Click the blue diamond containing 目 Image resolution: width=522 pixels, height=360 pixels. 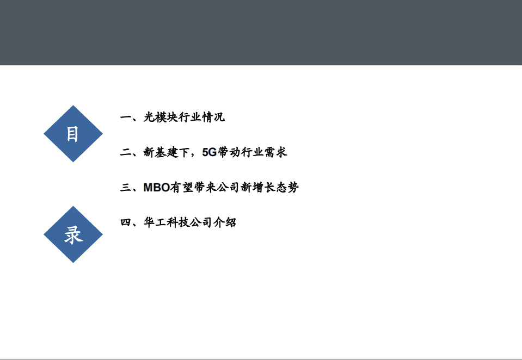tap(73, 134)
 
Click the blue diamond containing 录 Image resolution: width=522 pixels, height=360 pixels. tap(73, 234)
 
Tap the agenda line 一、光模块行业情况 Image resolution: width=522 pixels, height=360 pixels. tap(172, 117)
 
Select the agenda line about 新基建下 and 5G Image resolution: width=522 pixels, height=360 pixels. tap(203, 152)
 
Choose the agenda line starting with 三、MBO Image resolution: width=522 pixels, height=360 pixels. tap(209, 188)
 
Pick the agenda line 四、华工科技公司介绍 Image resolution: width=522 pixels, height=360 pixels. tap(178, 222)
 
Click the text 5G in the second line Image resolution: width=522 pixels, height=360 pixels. tap(209, 152)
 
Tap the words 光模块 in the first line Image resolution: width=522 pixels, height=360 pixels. tap(161, 117)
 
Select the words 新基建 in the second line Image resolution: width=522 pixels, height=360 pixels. tap(161, 152)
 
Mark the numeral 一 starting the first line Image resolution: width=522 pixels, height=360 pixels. tap(125, 117)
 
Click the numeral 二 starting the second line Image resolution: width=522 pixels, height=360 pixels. tap(125, 152)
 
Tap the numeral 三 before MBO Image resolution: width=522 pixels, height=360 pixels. tap(125, 188)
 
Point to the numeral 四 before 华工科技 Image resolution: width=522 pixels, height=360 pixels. tap(125, 222)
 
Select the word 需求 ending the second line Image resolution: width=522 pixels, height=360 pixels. tap(275, 152)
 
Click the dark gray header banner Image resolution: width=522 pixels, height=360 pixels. tap(261, 33)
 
